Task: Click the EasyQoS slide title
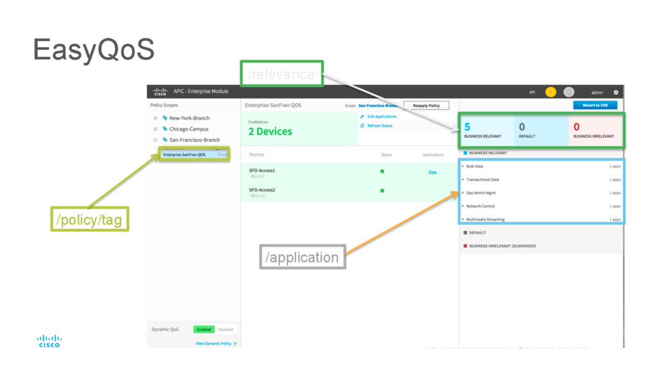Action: [x=94, y=50]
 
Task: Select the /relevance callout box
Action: [x=282, y=74]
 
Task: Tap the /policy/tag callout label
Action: [x=90, y=220]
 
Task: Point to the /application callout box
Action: [x=302, y=257]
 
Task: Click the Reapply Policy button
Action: [x=426, y=105]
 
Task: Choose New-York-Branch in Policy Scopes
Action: [x=189, y=118]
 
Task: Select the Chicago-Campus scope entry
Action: [x=188, y=129]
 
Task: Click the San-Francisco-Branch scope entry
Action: [x=194, y=140]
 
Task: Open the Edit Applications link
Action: [x=382, y=117]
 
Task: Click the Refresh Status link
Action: [x=380, y=126]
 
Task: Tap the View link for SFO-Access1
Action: [x=432, y=172]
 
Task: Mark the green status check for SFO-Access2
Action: [x=382, y=190]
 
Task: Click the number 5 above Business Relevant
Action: [x=468, y=127]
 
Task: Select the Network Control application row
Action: [x=480, y=206]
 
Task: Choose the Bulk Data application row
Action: [x=475, y=167]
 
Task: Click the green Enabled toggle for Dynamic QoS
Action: [x=204, y=329]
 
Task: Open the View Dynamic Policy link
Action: [x=214, y=343]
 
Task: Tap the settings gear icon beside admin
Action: [x=616, y=92]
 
